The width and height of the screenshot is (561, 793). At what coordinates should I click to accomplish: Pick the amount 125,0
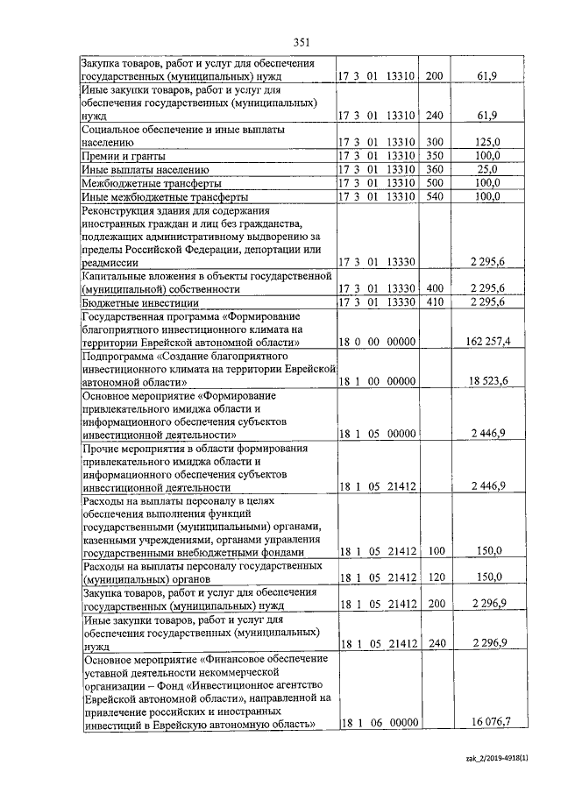486,141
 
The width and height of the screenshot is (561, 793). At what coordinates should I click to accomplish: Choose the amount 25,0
487,169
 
